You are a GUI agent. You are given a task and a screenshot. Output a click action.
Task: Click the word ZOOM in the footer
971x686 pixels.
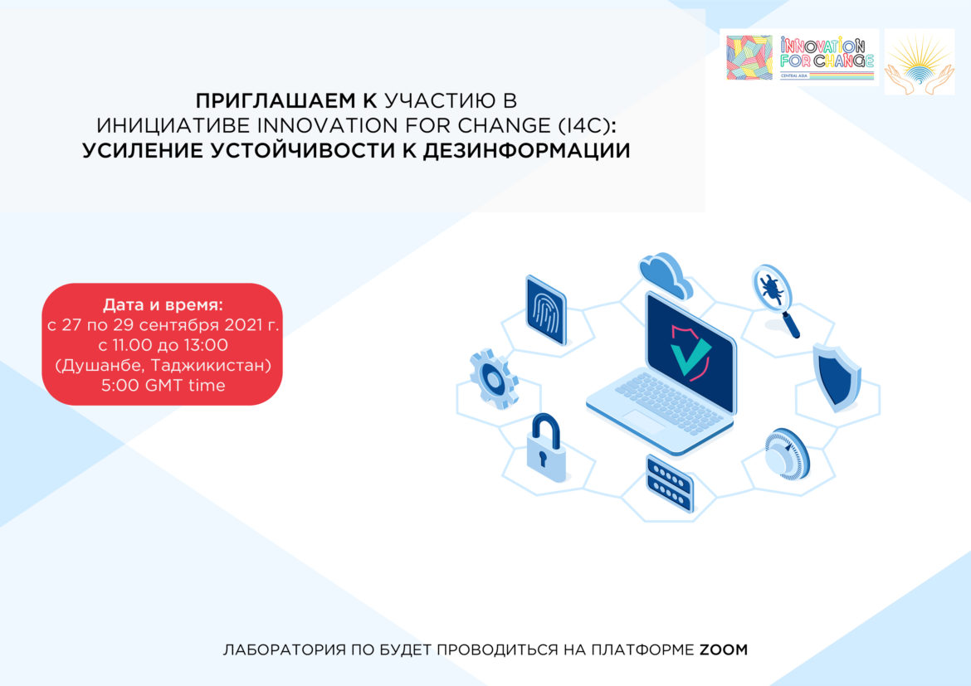[x=723, y=650]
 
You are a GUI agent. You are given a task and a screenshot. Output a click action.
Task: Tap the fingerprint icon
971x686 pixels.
[x=545, y=309]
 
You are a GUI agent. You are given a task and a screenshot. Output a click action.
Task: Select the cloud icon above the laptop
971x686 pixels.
[x=665, y=275]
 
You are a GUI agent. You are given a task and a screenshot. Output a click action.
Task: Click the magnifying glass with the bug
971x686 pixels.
[x=773, y=294]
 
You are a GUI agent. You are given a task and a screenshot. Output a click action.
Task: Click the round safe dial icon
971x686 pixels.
[x=784, y=454]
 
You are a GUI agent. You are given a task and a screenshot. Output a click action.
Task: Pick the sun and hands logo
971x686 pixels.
[x=919, y=61]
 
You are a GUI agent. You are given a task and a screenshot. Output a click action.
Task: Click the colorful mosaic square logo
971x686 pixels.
[x=749, y=57]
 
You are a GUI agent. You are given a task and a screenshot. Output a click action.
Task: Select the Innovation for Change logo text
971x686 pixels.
[x=827, y=55]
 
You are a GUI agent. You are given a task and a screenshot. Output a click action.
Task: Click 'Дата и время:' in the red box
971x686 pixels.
[x=163, y=305]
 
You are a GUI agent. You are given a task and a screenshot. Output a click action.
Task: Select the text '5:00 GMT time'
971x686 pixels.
[x=163, y=385]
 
